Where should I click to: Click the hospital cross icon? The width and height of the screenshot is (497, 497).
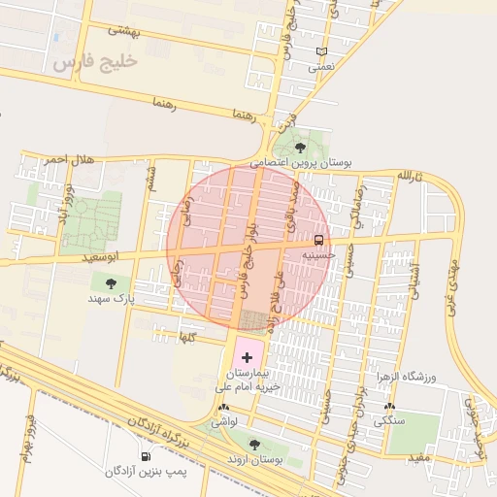247,358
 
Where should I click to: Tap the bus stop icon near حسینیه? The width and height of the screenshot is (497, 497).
318,240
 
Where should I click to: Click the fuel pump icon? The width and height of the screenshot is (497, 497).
146,456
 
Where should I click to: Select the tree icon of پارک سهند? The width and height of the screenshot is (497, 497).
111,284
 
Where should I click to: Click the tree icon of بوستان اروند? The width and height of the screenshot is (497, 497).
254,445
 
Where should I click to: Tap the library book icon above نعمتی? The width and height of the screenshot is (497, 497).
322,52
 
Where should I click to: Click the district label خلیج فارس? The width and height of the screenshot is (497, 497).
96,62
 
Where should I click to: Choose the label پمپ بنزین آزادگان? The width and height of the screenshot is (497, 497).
147,471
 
